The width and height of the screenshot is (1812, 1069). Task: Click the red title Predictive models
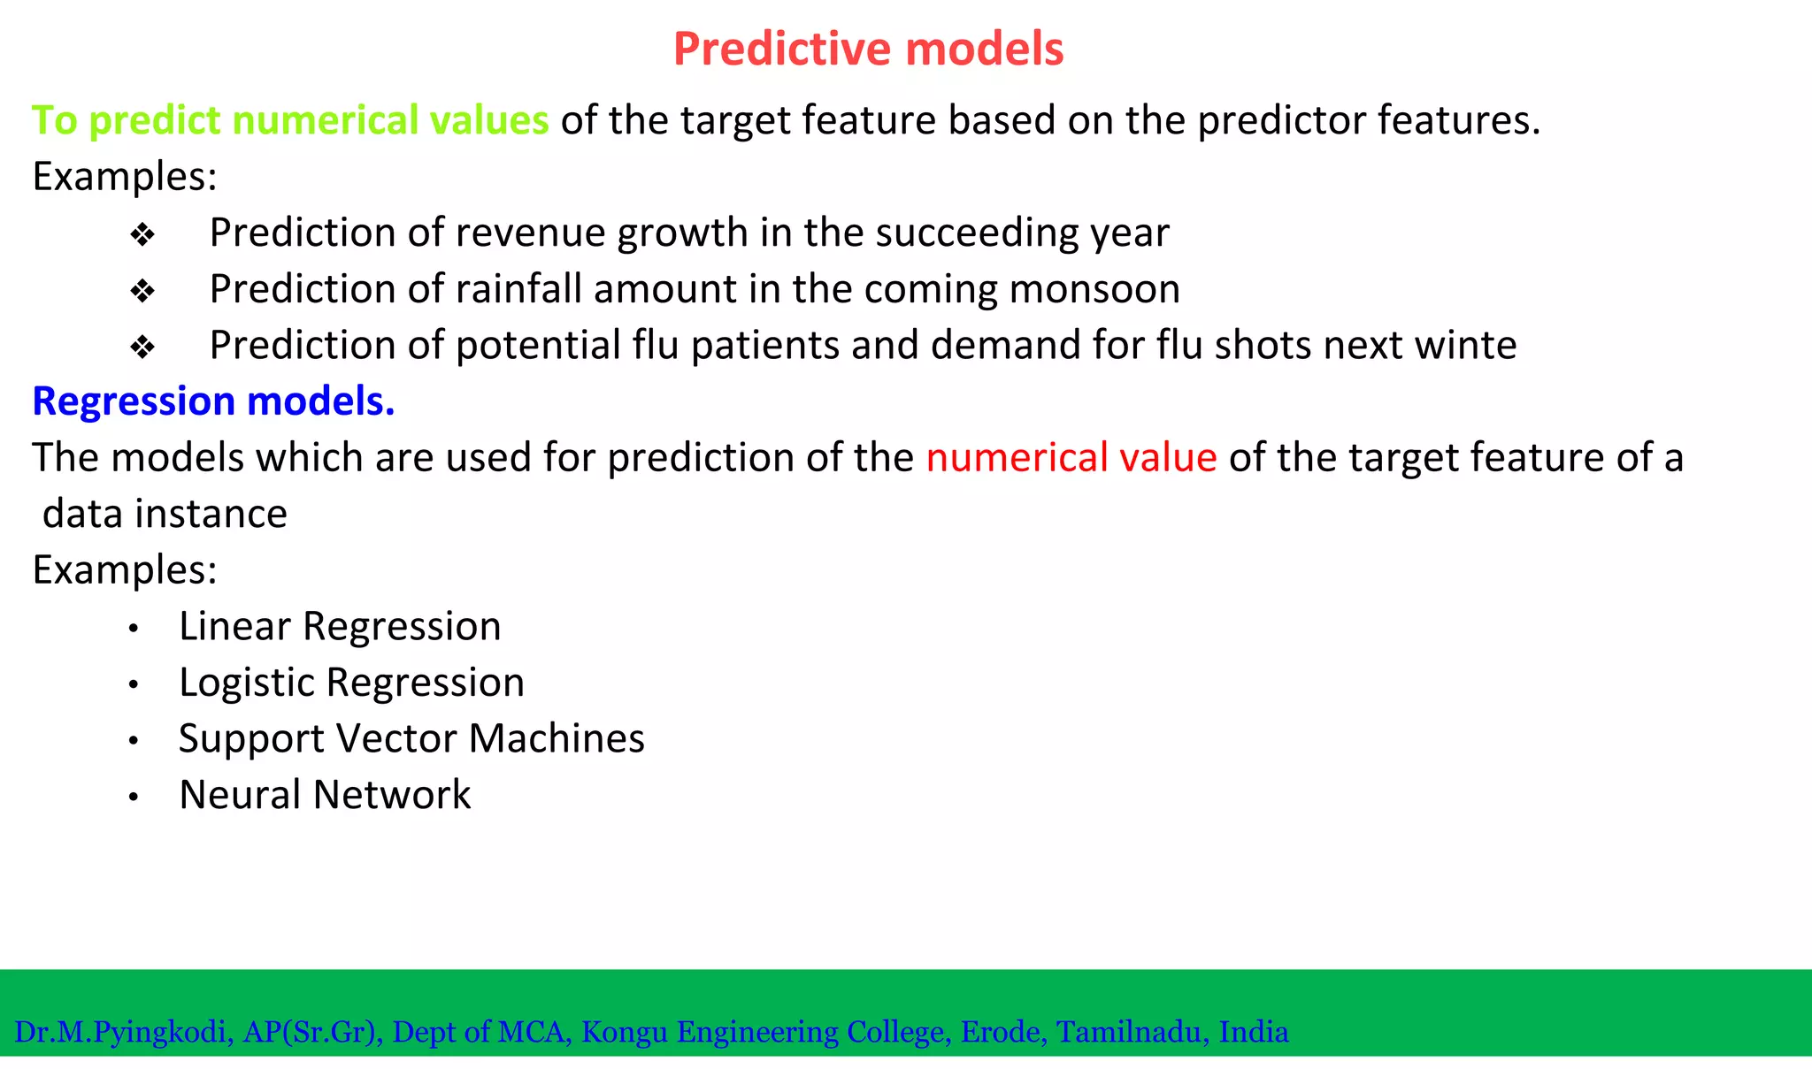[868, 49]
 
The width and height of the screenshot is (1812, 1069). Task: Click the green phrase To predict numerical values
[290, 120]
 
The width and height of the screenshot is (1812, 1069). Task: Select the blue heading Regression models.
[213, 401]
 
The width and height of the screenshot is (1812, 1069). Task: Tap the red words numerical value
[1071, 458]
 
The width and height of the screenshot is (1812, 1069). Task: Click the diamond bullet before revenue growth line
[142, 235]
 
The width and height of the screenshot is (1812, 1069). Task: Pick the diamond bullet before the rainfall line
[142, 291]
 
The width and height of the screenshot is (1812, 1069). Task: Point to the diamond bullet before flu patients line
[142, 347]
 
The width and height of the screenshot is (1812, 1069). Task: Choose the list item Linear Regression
[340, 627]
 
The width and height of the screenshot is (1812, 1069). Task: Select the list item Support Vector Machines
[411, 739]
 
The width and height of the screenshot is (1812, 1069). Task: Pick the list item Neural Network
[325, 795]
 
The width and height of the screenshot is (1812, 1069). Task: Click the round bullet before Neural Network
[134, 798]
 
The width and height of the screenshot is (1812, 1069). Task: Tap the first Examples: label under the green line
[125, 177]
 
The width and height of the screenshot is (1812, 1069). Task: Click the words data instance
[165, 515]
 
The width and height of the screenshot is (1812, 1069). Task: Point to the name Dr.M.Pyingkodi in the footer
[123, 1032]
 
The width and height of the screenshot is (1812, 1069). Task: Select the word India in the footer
[1253, 1032]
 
